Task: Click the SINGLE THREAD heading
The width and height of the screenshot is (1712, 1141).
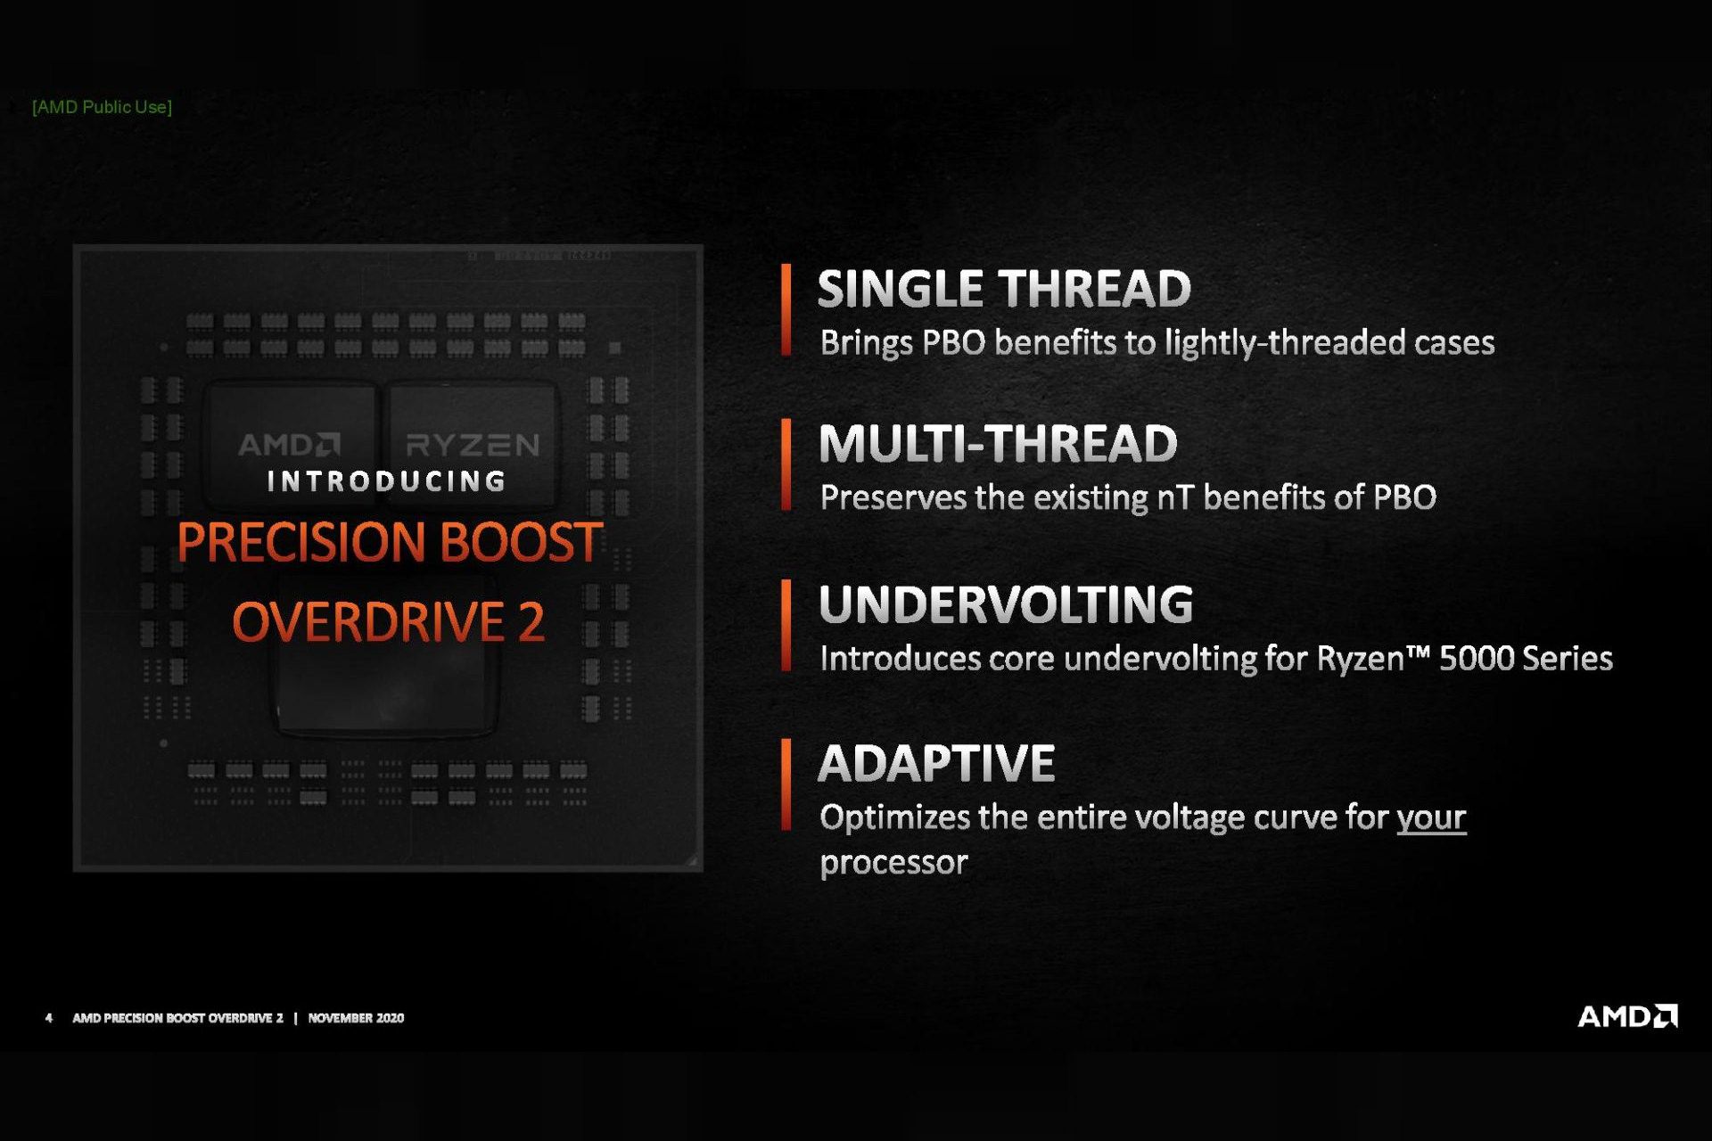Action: [1004, 289]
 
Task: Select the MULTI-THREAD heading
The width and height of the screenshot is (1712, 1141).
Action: [998, 444]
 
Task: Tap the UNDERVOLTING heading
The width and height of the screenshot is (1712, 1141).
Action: [1006, 604]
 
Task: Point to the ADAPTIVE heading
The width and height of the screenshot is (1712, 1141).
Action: [936, 764]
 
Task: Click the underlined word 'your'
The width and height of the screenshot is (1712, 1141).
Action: [1430, 817]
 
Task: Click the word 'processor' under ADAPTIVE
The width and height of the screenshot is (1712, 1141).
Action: [893, 862]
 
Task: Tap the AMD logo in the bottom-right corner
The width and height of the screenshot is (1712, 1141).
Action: [1626, 1016]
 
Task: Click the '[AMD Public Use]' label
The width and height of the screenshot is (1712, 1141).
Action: [102, 107]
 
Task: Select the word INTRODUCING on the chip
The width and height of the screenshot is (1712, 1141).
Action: [387, 481]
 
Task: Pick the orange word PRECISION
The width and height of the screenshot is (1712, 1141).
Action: [300, 542]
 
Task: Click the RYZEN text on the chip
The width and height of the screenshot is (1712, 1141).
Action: [473, 444]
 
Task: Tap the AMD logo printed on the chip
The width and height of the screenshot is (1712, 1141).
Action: [289, 444]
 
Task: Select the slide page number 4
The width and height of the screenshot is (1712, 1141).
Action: [48, 1018]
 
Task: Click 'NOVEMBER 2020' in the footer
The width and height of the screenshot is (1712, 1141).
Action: [356, 1018]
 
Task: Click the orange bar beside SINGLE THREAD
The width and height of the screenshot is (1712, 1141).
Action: [786, 310]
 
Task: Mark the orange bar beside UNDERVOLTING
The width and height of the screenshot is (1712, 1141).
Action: [786, 625]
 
